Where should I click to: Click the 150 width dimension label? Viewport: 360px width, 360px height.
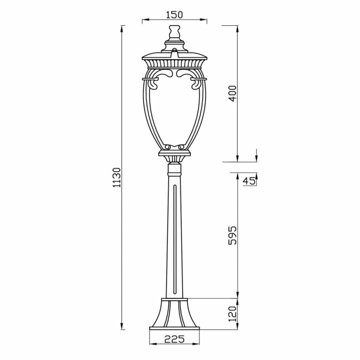pyautogui.click(x=174, y=15)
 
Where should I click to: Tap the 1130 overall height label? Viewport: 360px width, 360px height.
pyautogui.click(x=117, y=177)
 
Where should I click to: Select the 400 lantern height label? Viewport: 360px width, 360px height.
pyautogui.click(x=232, y=94)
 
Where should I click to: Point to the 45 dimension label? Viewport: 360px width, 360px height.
pyautogui.click(x=249, y=182)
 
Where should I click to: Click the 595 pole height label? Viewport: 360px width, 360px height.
pyautogui.click(x=232, y=236)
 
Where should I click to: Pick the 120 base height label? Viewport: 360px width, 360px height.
pyautogui.click(x=232, y=314)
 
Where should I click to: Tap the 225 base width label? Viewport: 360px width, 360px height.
pyautogui.click(x=174, y=339)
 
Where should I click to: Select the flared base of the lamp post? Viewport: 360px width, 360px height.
pyautogui.click(x=174, y=313)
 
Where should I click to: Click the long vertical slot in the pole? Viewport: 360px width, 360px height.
pyautogui.click(x=174, y=239)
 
